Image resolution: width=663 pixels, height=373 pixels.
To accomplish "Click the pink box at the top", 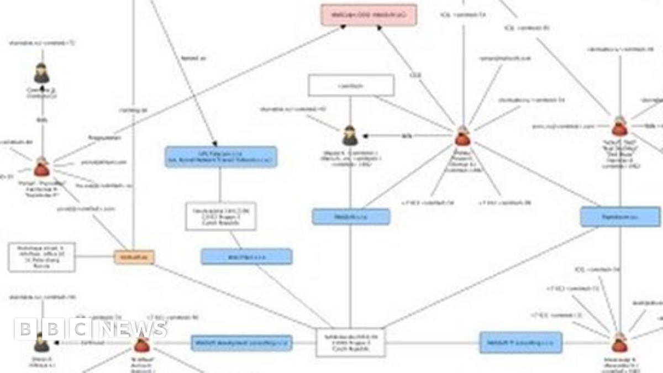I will tap(369, 14).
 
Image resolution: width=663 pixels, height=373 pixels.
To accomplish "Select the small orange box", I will tap(134, 256).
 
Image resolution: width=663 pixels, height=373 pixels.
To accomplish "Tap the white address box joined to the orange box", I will tap(42, 257).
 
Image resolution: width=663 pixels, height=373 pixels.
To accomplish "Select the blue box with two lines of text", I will tap(220, 156).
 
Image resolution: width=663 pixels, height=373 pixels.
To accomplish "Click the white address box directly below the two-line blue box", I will tap(220, 216).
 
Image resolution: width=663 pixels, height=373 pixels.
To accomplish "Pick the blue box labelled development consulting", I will tap(241, 343).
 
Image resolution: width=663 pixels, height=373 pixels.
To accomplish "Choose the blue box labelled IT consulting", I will tap(520, 343).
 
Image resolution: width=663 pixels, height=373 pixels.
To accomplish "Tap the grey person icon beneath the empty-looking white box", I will tap(350, 135).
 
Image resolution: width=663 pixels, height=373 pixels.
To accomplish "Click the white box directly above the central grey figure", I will tap(351, 86).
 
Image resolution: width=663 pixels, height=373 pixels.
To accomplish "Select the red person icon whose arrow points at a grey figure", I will tap(462, 135).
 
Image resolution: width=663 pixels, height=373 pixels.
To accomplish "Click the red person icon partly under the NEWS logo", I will tap(142, 344).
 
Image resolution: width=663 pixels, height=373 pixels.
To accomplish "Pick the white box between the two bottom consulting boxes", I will tap(350, 343).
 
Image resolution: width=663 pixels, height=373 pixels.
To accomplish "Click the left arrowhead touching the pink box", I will tap(342, 28).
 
